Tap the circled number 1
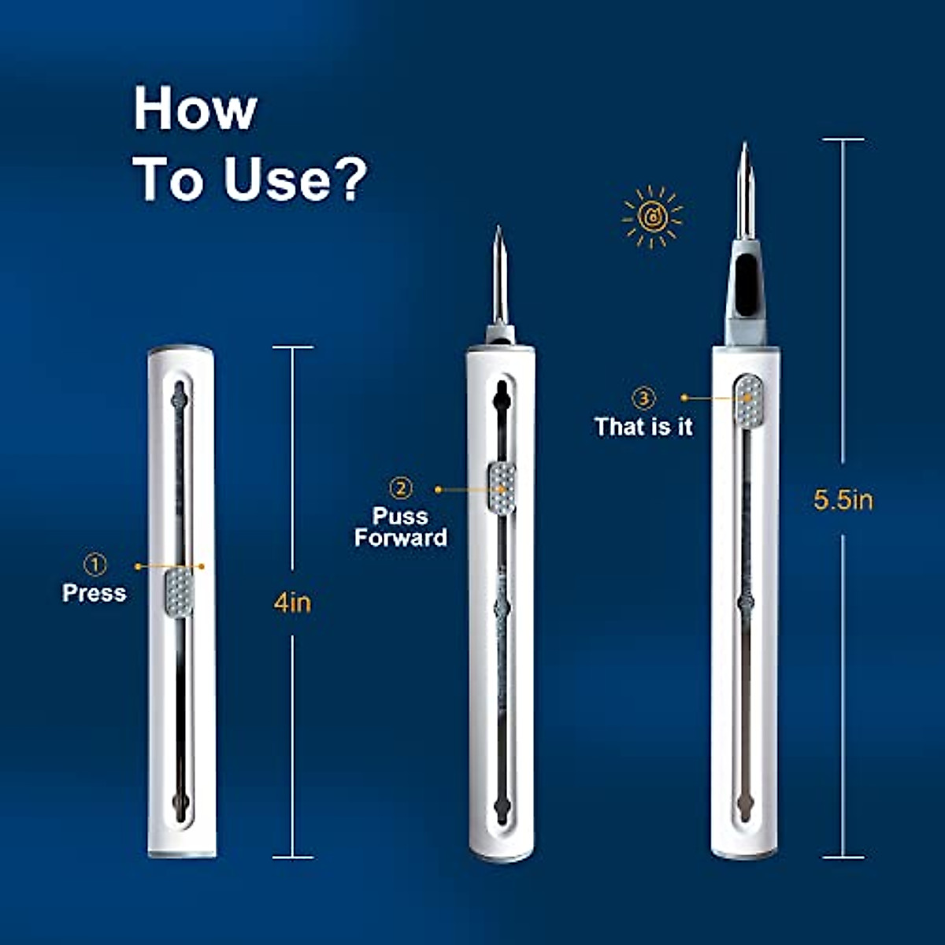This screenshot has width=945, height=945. (95, 564)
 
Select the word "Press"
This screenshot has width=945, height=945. (94, 593)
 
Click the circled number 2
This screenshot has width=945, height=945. (402, 488)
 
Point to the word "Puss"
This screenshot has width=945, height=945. (400, 517)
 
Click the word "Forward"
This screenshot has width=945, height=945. (400, 538)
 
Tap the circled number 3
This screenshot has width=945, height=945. (644, 398)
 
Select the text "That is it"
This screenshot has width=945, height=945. (643, 427)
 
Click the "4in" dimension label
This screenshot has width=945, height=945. (292, 603)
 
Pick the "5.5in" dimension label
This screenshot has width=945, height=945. (843, 500)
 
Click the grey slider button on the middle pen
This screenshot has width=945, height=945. (502, 488)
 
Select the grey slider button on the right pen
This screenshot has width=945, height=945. (747, 400)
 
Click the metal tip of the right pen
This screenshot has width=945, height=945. (744, 189)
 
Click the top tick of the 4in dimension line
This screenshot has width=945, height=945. (292, 347)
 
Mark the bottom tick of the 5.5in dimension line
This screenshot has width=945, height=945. (843, 858)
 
